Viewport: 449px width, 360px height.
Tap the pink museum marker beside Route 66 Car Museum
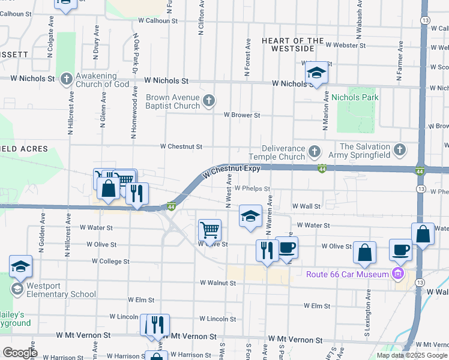point(396,275)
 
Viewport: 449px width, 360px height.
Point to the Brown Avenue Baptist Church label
point(173,101)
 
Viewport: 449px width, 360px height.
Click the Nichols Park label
point(354,97)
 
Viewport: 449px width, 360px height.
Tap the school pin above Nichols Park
point(316,73)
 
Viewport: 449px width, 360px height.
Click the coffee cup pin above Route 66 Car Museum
point(400,250)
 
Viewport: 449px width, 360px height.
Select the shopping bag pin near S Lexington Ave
point(364,253)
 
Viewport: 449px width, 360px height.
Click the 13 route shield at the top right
point(424,20)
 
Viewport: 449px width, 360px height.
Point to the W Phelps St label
point(252,188)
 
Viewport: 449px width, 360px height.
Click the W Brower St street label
point(241,115)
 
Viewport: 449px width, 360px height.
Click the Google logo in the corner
point(19,353)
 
